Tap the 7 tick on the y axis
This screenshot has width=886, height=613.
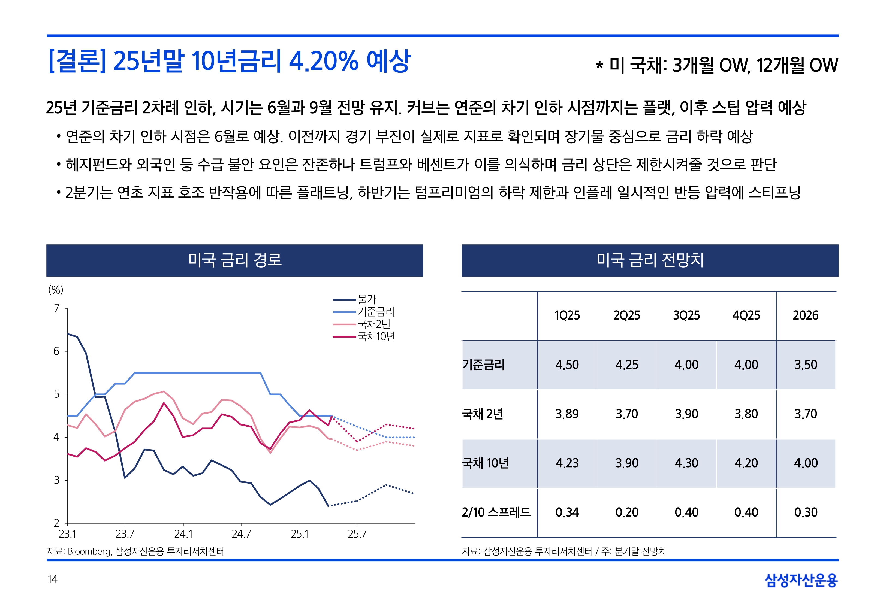click(57, 308)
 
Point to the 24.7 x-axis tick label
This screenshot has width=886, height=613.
click(241, 534)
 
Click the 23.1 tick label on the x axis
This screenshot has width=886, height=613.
click(67, 534)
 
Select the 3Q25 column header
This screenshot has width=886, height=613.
click(686, 315)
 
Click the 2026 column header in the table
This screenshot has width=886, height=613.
click(805, 315)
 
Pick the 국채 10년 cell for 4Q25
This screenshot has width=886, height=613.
click(746, 463)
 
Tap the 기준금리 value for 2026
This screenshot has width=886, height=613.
click(806, 365)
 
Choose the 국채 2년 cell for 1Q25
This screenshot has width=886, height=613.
click(567, 414)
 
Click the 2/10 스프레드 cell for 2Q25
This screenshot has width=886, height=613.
click(627, 512)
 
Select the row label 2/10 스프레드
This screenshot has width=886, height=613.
click(496, 512)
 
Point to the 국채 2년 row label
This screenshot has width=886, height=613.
click(483, 414)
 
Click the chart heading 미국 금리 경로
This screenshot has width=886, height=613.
click(235, 260)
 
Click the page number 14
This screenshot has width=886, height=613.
click(52, 579)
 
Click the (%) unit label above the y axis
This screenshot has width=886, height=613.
click(56, 290)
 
